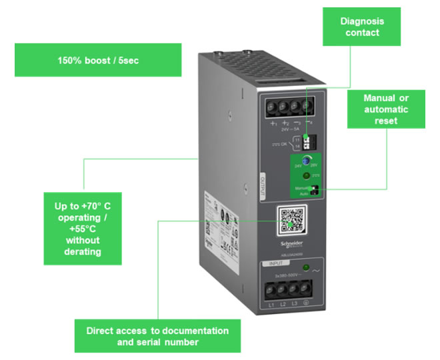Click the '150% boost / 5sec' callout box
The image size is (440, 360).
tap(97, 59)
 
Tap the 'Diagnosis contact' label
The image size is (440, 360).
tap(361, 27)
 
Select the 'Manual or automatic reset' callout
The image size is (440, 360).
tap(386, 109)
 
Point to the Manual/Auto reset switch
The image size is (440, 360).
tap(313, 191)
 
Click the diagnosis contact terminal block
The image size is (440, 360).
tap(307, 140)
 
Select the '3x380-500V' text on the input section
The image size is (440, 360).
tap(283, 276)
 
